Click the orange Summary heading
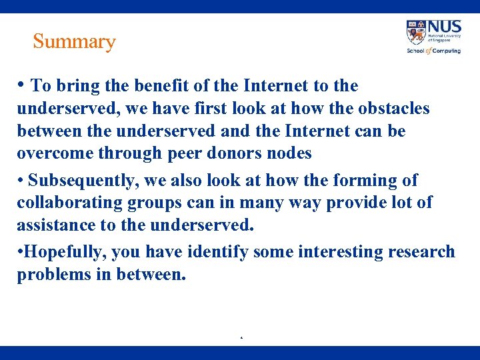click(x=74, y=41)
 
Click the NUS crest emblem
click(x=416, y=32)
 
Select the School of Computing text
click(x=433, y=51)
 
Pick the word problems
click(x=51, y=275)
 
